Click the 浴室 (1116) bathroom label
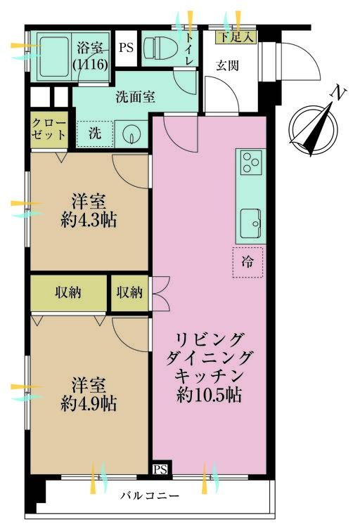pos(91,56)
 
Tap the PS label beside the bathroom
pos(126,48)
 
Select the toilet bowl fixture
pos(160,48)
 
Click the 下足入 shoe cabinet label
pos(236,37)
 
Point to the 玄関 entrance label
pos(228,65)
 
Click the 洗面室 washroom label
pos(135,97)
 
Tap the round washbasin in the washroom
pos(131,134)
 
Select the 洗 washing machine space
pos(95,134)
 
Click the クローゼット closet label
pos(49,129)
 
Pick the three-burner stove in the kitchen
pos(251,162)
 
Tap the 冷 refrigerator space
pos(247,263)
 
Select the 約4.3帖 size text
pos(89,221)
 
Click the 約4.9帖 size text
pos(89,403)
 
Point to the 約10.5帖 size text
pos(209,395)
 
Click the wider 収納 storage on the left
pos(69,293)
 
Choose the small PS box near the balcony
pos(160,469)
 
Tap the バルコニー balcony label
pos(150,496)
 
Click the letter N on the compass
pos(337,93)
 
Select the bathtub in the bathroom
pos(53,56)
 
